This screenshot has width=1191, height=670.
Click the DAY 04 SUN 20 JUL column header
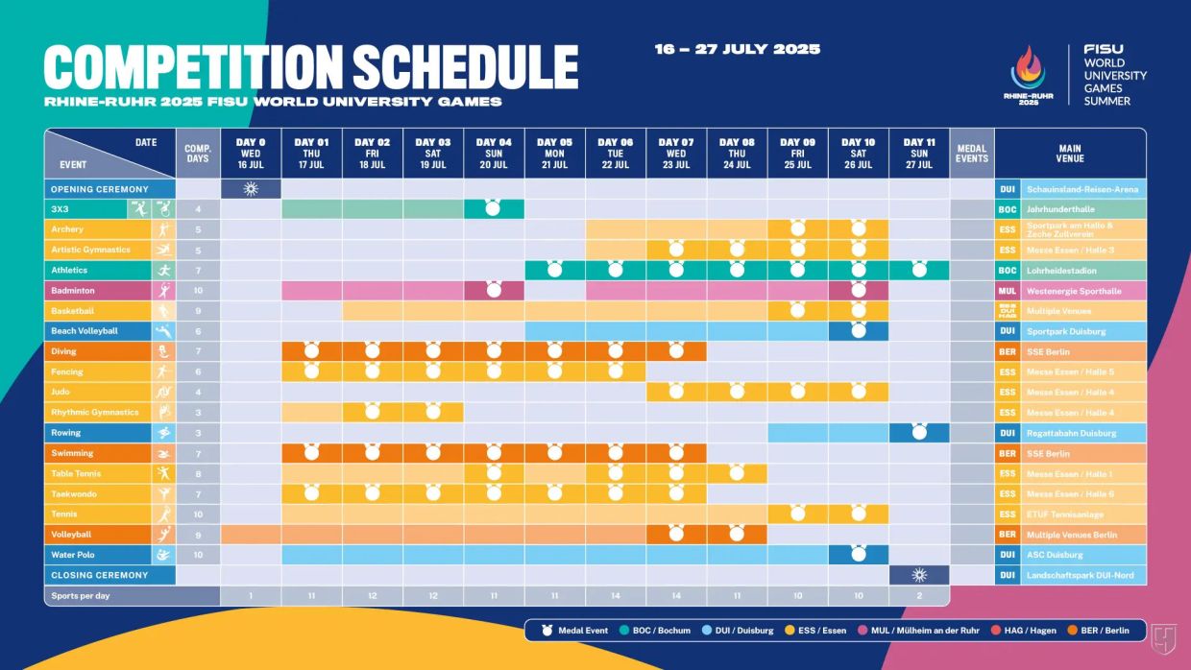(494, 154)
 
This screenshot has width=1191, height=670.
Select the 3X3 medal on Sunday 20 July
(494, 208)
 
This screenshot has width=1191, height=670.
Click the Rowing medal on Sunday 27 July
(919, 433)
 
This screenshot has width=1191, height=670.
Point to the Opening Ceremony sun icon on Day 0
(251, 189)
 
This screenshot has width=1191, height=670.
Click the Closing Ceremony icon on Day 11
(919, 575)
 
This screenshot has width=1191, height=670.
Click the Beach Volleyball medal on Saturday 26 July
(858, 331)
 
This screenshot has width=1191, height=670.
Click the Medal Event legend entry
(576, 631)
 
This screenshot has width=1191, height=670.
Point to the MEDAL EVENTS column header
(972, 154)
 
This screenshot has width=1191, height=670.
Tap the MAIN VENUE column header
(1070, 154)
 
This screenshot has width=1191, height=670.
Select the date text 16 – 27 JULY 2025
(738, 49)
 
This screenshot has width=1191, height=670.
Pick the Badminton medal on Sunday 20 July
(494, 290)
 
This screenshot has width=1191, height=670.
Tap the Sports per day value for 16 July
(251, 596)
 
